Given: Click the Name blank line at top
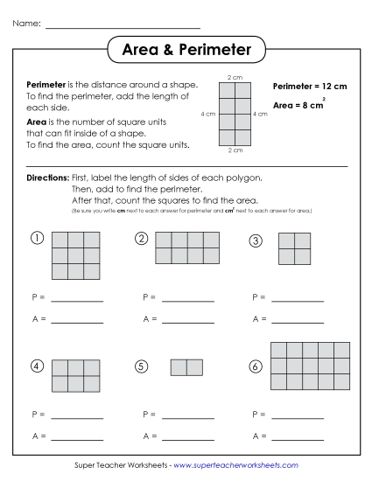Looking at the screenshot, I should click(x=123, y=27).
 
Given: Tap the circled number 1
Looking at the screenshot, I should click(x=37, y=239).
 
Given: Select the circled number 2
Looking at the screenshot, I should click(x=141, y=239).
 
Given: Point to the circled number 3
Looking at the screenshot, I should click(x=255, y=240).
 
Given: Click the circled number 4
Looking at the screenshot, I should click(x=37, y=366).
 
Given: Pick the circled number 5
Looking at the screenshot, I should click(x=141, y=366).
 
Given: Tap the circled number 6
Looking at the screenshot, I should click(x=255, y=366).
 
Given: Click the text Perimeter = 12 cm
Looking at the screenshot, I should click(x=310, y=87).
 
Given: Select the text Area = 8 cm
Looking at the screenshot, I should click(x=299, y=105).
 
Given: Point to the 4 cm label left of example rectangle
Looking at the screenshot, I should click(x=207, y=115).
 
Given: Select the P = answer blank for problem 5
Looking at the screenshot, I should click(x=187, y=415).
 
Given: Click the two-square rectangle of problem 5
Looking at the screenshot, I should click(x=186, y=367).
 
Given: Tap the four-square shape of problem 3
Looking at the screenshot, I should click(x=295, y=247).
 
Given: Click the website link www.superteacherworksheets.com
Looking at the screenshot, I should click(x=235, y=465).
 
